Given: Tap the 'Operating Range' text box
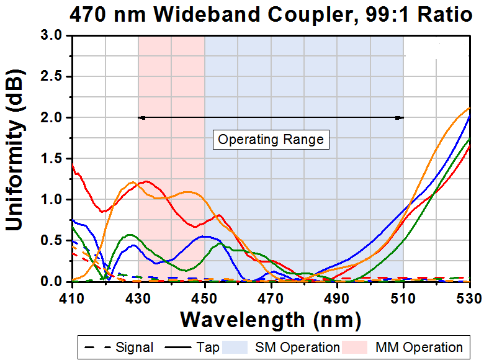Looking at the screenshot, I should (271, 139).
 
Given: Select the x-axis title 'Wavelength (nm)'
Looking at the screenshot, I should (271, 320).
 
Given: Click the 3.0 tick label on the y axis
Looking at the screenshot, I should (52, 36).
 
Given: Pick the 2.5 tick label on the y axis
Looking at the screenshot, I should (52, 77).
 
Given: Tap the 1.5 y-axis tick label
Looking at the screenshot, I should (52, 159).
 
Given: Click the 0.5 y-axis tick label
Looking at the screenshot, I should (52, 241).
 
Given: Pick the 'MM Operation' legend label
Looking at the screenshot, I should (419, 347).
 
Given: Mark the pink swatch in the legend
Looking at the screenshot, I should (364, 347).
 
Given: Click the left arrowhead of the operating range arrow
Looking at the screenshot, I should (141, 117).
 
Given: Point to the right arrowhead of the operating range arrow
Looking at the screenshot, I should (401, 117).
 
